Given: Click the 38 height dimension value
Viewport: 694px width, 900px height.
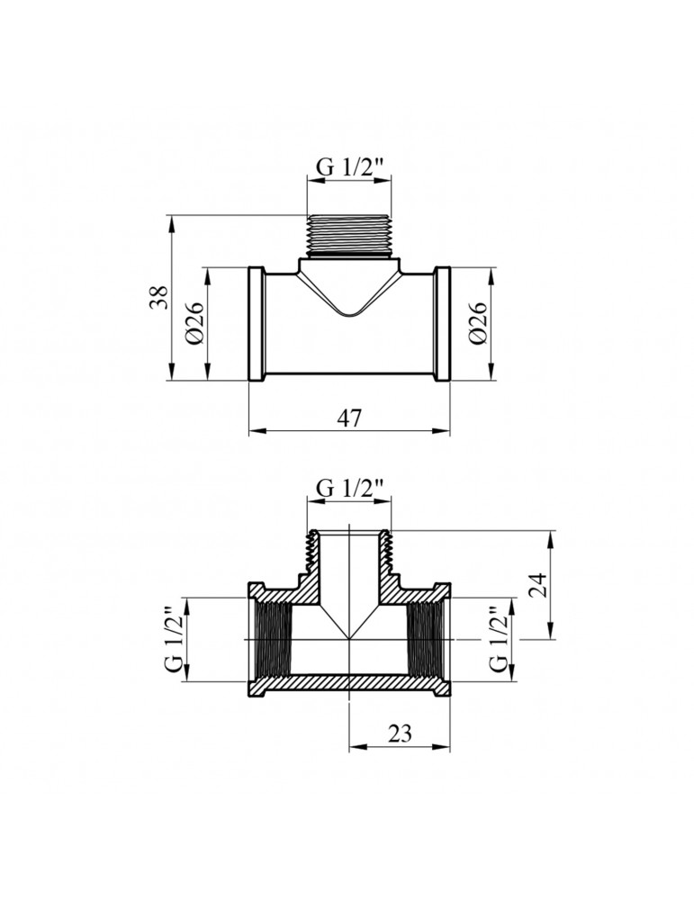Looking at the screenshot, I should [x=158, y=298].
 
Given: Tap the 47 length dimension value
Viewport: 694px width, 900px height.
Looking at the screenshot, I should [x=349, y=418].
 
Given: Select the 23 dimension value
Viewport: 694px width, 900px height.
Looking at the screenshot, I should [x=400, y=733].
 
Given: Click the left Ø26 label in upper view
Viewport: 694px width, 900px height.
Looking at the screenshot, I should [x=196, y=323].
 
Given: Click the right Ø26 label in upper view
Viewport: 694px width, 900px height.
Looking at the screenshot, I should [x=478, y=323].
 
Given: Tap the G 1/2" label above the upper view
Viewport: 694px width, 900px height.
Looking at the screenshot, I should [x=349, y=167].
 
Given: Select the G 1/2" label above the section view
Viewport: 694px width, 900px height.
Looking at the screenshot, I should [x=349, y=488].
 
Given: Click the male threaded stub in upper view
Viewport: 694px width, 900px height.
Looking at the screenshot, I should [x=348, y=236].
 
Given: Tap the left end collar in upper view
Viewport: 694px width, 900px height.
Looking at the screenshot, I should [x=257, y=324].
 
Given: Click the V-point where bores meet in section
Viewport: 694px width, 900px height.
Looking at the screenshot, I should [x=349, y=637].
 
